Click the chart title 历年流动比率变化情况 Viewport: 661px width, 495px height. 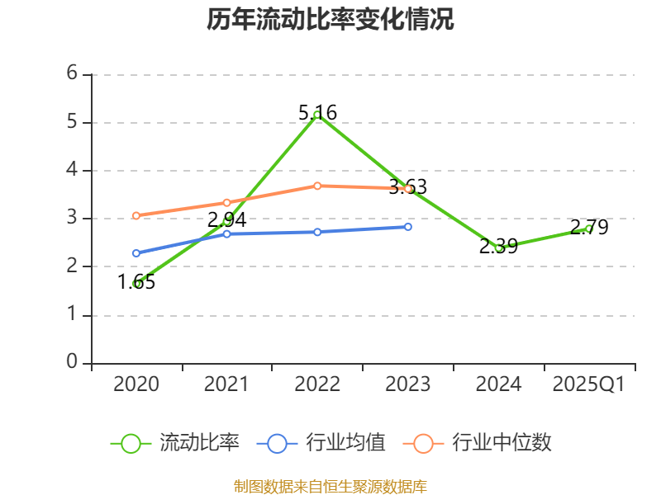pyautogui.click(x=330, y=20)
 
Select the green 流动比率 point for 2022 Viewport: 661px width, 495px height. pyautogui.click(x=317, y=115)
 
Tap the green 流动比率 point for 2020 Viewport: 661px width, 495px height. pyautogui.click(x=136, y=284)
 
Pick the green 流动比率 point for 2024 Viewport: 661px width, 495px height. pyautogui.click(x=498, y=247)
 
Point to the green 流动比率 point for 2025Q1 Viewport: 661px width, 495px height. pyautogui.click(x=589, y=229)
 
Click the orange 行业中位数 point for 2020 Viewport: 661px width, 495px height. pyautogui.click(x=136, y=215)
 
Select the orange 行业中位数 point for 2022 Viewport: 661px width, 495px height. pyautogui.click(x=317, y=186)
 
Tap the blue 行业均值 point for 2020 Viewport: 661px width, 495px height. pyautogui.click(x=136, y=253)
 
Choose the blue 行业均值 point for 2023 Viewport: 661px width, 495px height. pyautogui.click(x=408, y=226)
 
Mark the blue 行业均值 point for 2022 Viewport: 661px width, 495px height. pyautogui.click(x=317, y=232)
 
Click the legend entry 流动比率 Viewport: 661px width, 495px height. pyautogui.click(x=175, y=443)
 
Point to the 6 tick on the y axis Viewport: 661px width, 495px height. pyautogui.click(x=72, y=73)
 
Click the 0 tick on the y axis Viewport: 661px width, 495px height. pyautogui.click(x=72, y=362)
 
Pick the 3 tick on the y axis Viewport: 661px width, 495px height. pyautogui.click(x=72, y=218)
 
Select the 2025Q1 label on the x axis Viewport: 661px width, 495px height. pyautogui.click(x=589, y=384)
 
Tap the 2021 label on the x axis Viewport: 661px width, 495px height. pyautogui.click(x=226, y=384)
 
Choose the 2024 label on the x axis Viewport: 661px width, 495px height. pyautogui.click(x=498, y=384)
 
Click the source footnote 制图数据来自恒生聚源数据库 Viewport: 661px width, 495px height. pyautogui.click(x=330, y=486)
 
